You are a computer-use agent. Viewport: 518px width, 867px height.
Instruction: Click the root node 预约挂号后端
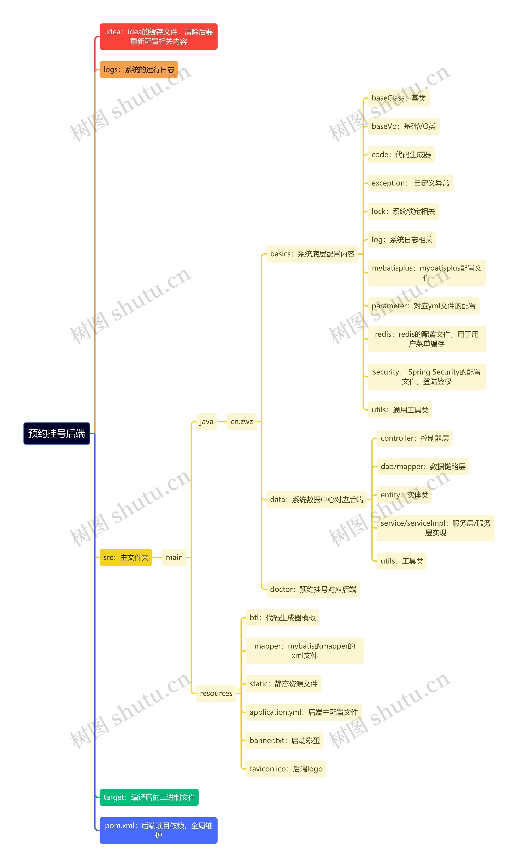pos(56,433)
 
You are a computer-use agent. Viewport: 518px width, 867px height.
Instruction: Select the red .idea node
pos(158,37)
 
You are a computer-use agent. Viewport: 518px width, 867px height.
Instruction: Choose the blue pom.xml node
pos(158,830)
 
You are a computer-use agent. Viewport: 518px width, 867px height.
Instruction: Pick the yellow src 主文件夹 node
pos(126,557)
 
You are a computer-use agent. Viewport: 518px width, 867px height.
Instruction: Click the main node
pos(174,557)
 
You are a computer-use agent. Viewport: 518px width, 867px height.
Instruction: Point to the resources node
pos(216,693)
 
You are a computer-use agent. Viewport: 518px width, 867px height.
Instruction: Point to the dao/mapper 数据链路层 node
pos(423,466)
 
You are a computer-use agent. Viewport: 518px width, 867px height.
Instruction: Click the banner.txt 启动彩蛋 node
pos(284,741)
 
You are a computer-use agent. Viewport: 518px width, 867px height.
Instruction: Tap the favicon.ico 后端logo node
pos(286,769)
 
